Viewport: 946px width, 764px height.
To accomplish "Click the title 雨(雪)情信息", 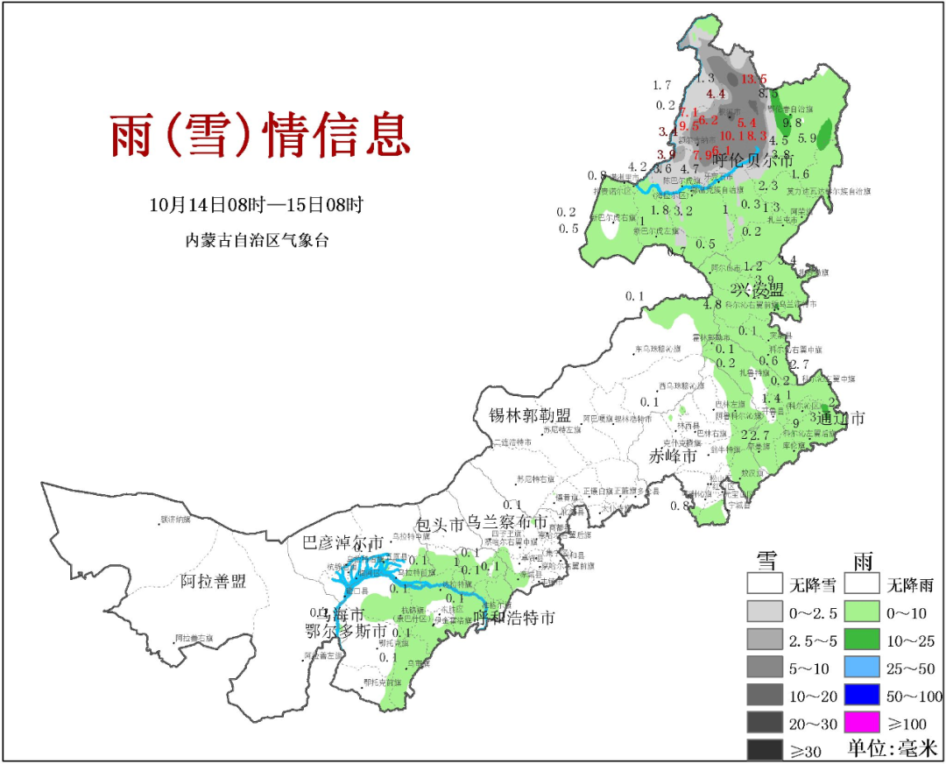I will click(259, 135).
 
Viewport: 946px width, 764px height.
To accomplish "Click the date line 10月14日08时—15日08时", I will click(256, 205).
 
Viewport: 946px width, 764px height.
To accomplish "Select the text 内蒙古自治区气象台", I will click(256, 239).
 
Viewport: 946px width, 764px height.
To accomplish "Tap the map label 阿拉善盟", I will click(214, 581).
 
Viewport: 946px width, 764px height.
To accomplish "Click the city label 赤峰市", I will click(673, 456).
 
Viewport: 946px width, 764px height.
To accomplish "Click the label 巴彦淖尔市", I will click(342, 542).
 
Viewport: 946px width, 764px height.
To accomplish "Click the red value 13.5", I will click(753, 80).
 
